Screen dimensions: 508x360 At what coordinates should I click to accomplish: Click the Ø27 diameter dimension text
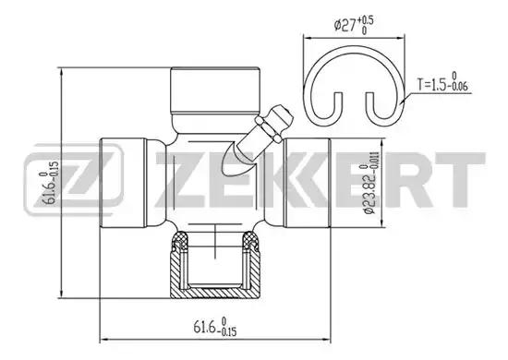click(x=354, y=25)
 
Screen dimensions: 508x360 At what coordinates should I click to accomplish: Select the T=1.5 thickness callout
click(x=442, y=82)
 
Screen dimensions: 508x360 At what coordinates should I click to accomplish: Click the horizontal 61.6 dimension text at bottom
click(x=215, y=327)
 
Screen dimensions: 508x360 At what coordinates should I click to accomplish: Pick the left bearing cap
click(x=123, y=183)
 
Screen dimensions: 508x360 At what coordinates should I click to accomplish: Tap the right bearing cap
click(x=308, y=183)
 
